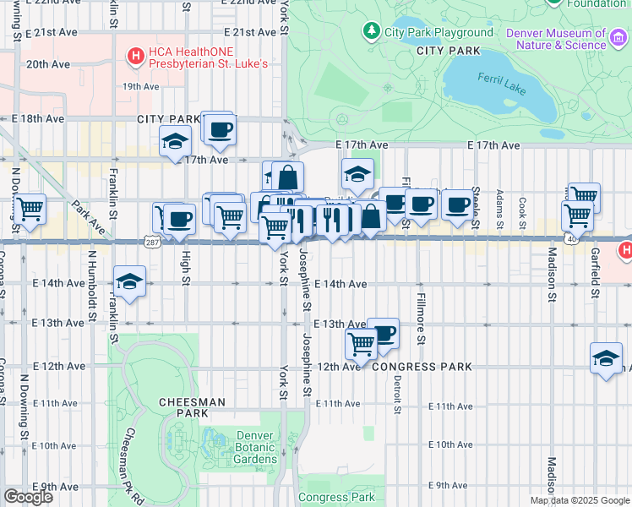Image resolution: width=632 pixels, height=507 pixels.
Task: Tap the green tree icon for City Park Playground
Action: (370, 32)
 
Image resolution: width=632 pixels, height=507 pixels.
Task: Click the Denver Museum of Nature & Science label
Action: (556, 39)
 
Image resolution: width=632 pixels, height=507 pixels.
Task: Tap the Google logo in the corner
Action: (28, 496)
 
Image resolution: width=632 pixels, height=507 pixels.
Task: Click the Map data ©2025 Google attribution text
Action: (580, 500)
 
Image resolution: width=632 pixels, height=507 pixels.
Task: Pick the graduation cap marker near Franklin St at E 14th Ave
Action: (129, 282)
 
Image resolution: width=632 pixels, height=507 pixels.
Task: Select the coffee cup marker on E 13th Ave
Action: (383, 332)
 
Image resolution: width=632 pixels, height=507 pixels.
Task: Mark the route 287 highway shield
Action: (151, 242)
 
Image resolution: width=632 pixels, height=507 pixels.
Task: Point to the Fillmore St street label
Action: (420, 317)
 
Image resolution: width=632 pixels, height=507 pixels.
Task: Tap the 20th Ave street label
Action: (48, 63)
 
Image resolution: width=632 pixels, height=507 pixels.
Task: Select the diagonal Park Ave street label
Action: (88, 217)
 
